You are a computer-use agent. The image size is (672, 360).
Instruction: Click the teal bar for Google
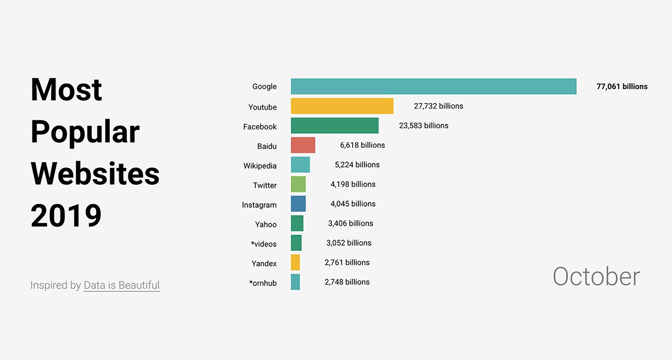pos(433,86)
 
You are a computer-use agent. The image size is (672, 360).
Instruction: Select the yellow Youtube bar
pos(342,106)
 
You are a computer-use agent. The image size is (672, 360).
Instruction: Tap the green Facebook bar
pos(334,125)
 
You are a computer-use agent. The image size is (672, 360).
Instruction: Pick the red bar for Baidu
pos(303,145)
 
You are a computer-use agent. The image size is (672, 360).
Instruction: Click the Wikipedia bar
pos(300,165)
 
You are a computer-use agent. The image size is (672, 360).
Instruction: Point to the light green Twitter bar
pos(298,184)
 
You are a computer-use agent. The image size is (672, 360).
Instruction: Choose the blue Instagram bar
pos(298,204)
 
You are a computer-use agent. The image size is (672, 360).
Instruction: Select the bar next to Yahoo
pos(297,223)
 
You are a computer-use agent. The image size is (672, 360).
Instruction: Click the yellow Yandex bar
pos(295,263)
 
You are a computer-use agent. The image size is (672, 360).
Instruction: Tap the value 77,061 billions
pos(622,86)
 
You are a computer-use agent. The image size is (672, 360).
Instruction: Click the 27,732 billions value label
pos(431,106)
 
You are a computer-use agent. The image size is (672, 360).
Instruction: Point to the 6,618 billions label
pos(362,145)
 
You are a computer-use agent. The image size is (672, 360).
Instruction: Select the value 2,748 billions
pos(347,282)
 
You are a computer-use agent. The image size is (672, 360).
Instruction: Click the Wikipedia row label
pos(260,166)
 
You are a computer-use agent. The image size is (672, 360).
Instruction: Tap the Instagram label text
pos(259,205)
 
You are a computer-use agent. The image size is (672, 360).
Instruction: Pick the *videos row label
pos(264,244)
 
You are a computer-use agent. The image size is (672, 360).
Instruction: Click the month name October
pos(596,277)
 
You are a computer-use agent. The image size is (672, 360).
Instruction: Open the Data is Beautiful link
pos(122,285)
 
